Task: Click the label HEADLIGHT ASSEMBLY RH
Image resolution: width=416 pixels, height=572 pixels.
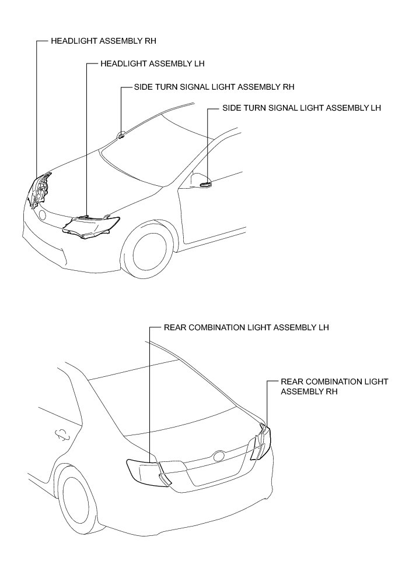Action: (104, 42)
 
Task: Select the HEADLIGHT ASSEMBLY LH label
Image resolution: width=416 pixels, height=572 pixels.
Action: (152, 63)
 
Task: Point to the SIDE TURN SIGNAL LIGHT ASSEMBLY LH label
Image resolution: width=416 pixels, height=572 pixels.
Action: (302, 108)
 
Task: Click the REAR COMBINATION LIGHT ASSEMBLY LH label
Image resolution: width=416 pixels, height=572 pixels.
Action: (246, 327)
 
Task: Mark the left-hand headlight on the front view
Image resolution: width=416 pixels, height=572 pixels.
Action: (92, 225)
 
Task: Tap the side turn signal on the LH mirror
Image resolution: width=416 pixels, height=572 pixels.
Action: (206, 184)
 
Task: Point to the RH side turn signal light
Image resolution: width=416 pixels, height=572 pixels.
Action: (121, 136)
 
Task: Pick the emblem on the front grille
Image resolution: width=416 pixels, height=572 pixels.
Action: (42, 215)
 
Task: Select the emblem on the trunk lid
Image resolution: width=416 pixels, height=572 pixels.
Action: (219, 456)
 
